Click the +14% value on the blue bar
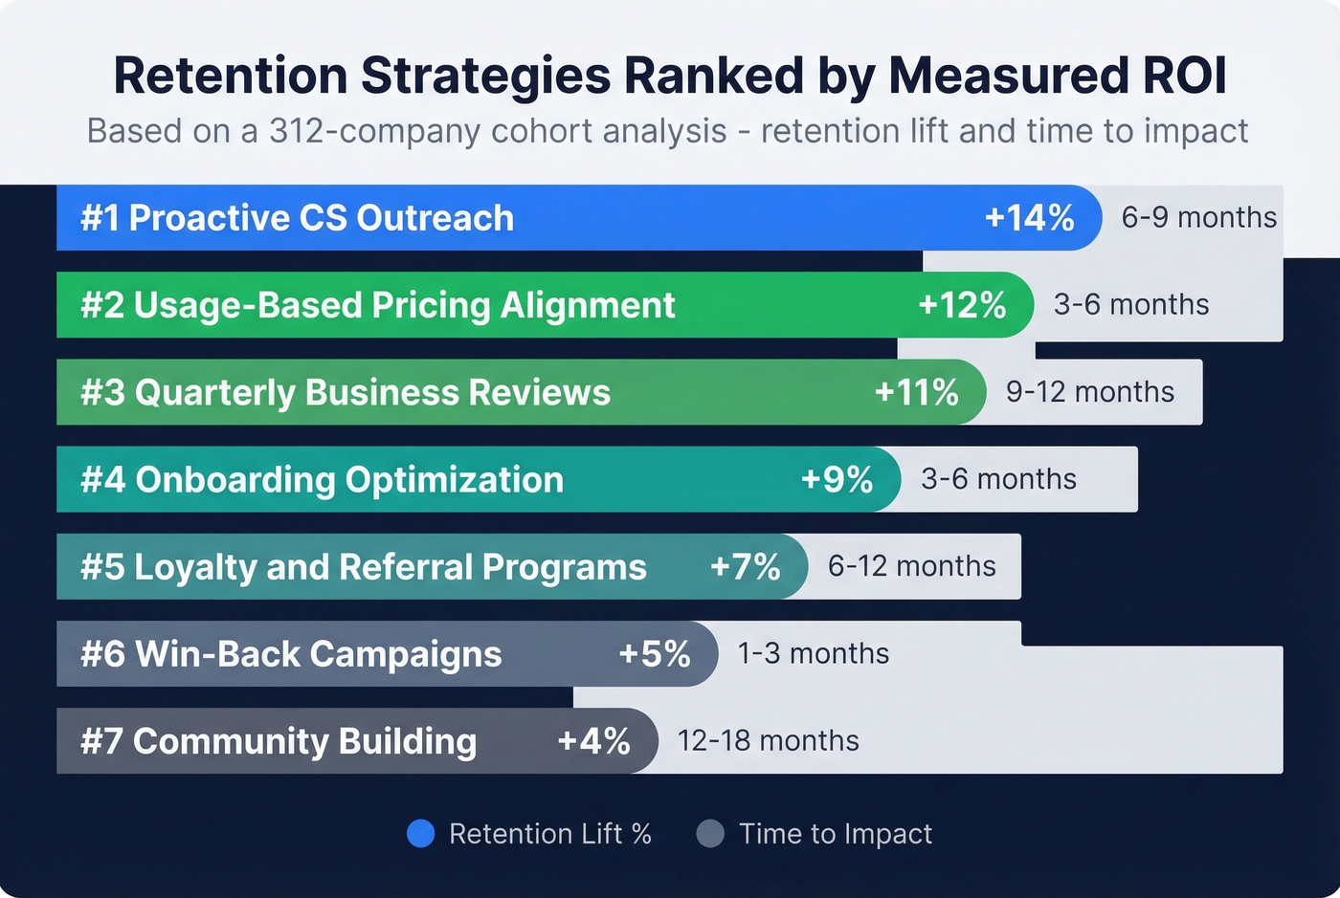pyautogui.click(x=1029, y=218)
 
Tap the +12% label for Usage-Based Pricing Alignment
pyautogui.click(x=962, y=305)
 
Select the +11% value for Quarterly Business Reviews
pyautogui.click(x=916, y=392)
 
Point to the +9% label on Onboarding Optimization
pyautogui.click(x=837, y=479)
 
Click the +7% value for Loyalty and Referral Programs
pyautogui.click(x=745, y=566)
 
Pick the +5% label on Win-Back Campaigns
pyautogui.click(x=654, y=654)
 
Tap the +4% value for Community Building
pyautogui.click(x=593, y=741)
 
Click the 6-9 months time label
pyautogui.click(x=1198, y=218)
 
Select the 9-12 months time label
pyautogui.click(x=1089, y=392)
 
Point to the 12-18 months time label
pyautogui.click(x=768, y=741)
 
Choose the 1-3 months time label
pyautogui.click(x=813, y=654)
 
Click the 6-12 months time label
pyautogui.click(x=911, y=566)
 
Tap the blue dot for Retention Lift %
pyautogui.click(x=421, y=834)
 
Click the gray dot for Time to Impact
pyautogui.click(x=710, y=834)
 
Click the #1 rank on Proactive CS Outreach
pyautogui.click(x=100, y=218)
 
